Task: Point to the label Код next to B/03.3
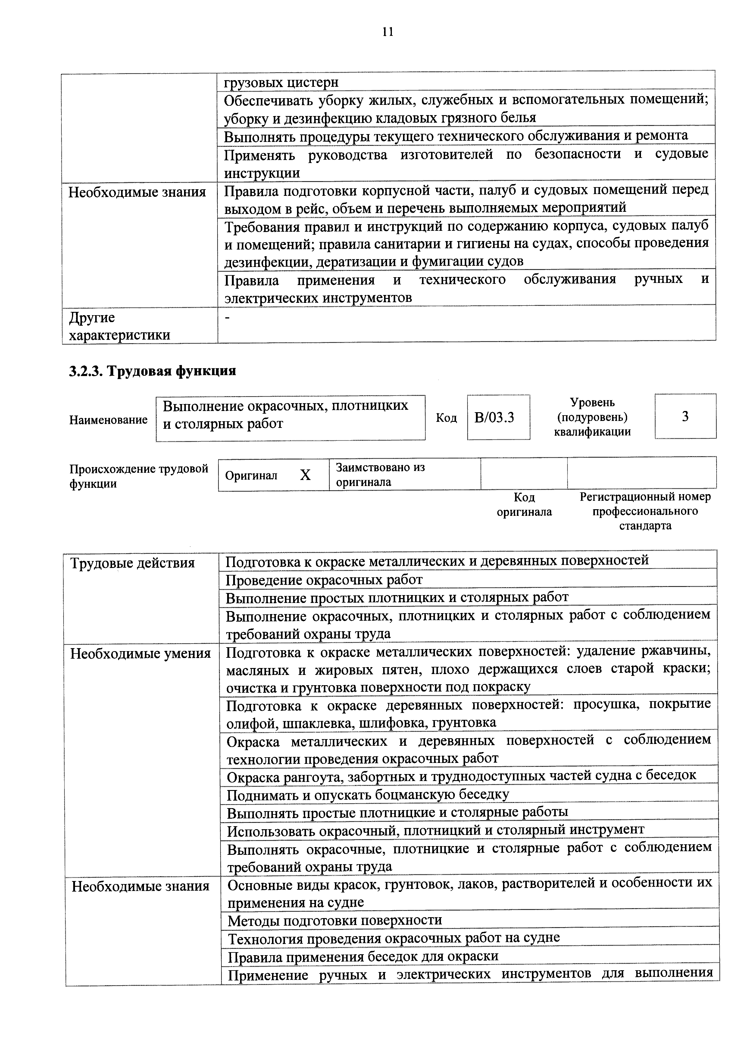(446, 418)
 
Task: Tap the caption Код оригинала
(524, 505)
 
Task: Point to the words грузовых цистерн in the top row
(281, 82)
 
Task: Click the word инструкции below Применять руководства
(262, 173)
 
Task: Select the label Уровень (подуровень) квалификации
(592, 417)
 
